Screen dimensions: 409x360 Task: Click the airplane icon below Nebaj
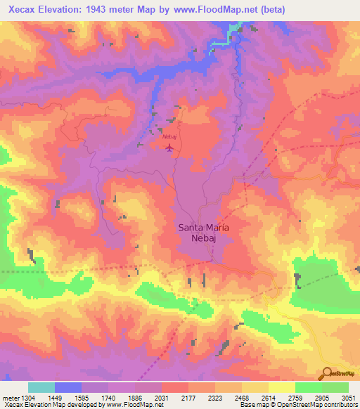click(169, 146)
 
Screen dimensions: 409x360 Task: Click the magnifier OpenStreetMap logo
click(327, 372)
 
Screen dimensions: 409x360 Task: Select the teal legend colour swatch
click(41, 387)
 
